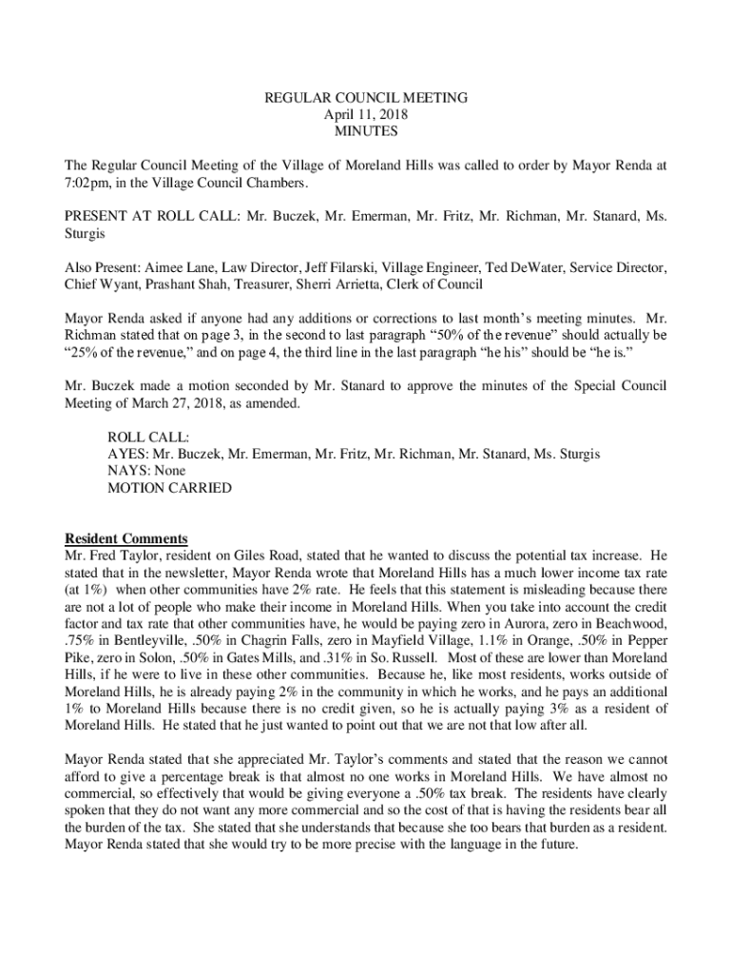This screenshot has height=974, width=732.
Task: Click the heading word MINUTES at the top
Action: (365, 131)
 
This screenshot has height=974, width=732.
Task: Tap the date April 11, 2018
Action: (365, 114)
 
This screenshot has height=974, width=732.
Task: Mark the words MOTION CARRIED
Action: (169, 488)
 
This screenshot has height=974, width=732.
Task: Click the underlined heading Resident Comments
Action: (125, 538)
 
